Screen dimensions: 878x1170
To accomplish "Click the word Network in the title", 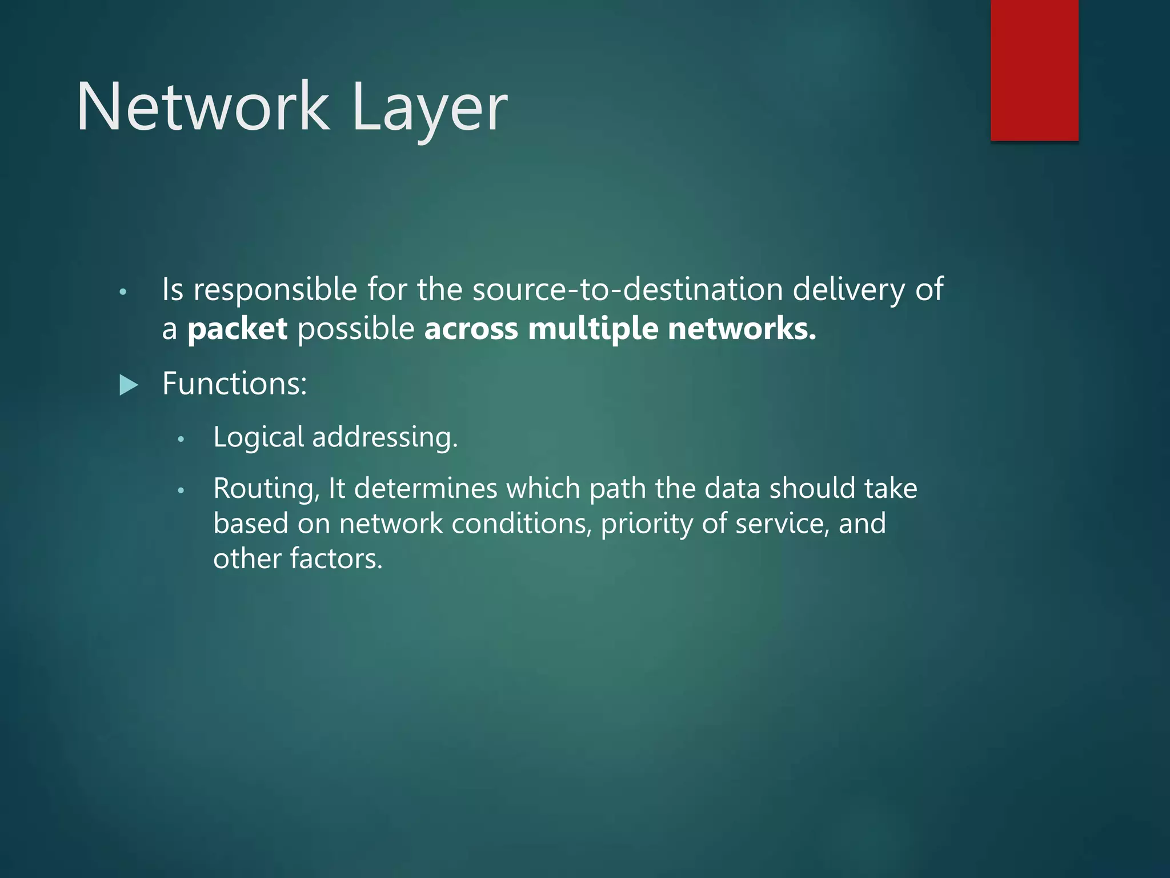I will point(203,107).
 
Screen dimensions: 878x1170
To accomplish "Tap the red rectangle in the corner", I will point(1034,70).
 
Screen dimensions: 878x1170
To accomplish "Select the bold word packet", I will point(237,330).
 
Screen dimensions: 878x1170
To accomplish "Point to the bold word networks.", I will point(742,329).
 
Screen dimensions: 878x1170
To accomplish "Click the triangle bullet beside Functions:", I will point(129,385).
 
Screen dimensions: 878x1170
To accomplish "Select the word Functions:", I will point(234,383).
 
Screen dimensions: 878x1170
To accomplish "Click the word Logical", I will point(258,438).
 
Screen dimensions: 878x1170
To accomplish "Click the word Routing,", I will point(266,489).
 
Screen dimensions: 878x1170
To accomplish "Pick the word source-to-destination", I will point(627,289).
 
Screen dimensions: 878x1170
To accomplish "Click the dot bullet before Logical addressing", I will point(181,440).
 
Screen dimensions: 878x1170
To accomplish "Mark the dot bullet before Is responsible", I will point(122,293).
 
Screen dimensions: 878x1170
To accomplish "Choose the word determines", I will point(426,489).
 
